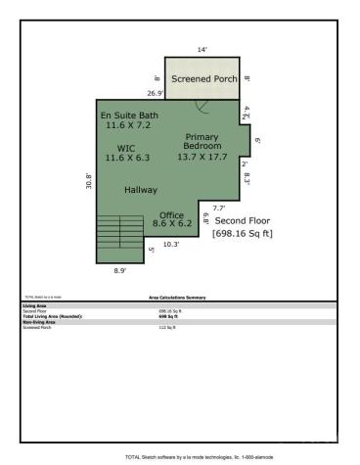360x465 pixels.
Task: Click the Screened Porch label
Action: tap(202, 78)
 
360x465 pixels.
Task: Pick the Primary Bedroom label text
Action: tap(203, 141)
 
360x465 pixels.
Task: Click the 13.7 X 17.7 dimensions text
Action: tap(202, 156)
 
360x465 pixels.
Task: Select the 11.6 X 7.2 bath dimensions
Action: tap(129, 125)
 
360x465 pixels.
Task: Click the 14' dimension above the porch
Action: tap(202, 49)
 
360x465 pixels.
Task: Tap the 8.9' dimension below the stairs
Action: tap(119, 270)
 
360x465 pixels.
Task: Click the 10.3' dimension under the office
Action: tap(171, 244)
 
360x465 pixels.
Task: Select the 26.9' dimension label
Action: tap(155, 94)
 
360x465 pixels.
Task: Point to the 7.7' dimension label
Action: tap(218, 208)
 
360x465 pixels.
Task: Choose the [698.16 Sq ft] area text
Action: tap(243, 233)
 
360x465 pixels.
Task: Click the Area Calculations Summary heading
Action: tap(177, 296)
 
